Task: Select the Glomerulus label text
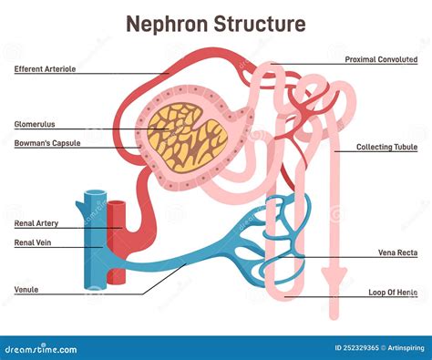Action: coord(34,125)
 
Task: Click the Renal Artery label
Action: coord(36,222)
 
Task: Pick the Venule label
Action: coord(26,290)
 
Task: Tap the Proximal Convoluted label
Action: coord(382,60)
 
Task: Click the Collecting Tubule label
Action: coord(387,147)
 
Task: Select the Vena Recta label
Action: coord(398,252)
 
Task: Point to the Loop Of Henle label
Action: coord(393,291)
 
